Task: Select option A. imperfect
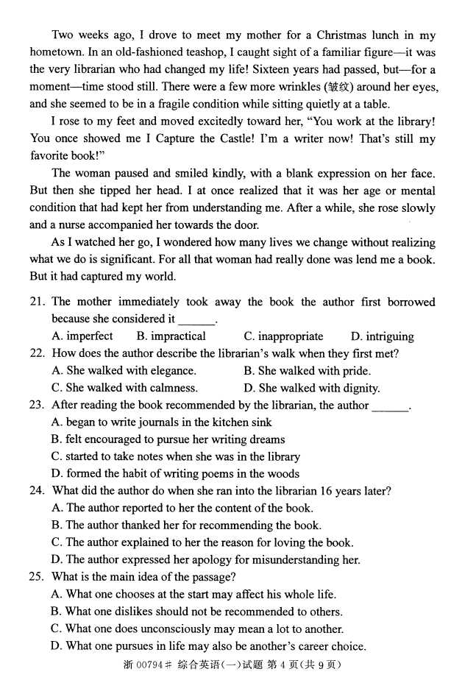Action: point(82,336)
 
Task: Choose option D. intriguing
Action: point(382,336)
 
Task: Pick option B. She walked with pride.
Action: point(307,371)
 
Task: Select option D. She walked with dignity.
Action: point(312,388)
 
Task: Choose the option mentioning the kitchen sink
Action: point(161,422)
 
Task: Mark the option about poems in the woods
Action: point(175,474)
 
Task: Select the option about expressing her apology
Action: point(205,560)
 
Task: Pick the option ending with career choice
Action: point(207,646)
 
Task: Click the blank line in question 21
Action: point(196,320)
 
